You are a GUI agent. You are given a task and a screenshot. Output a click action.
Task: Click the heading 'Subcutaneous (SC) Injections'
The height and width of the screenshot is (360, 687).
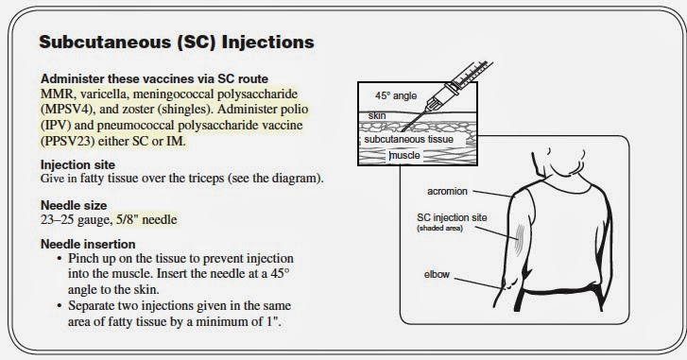177,42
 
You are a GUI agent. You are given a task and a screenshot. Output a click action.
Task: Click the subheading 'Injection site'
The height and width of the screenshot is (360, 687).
78,164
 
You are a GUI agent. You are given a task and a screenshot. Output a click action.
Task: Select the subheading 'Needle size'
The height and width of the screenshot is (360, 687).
74,205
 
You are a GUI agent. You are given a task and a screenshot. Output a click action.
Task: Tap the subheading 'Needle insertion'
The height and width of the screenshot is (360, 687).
88,244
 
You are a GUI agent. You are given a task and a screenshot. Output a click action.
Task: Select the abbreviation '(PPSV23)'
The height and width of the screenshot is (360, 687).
67,142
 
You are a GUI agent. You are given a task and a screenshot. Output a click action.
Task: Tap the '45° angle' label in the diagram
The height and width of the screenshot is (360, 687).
396,96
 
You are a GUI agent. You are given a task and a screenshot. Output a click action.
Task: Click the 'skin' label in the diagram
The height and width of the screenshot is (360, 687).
377,115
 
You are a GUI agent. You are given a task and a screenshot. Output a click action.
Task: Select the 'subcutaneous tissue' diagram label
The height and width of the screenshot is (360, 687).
409,139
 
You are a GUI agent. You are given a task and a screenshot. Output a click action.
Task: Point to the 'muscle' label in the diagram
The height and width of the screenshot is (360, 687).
404,156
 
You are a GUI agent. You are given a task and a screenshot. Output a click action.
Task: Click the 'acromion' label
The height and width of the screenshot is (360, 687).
447,192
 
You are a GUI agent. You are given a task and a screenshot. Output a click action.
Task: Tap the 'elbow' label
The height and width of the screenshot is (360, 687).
437,275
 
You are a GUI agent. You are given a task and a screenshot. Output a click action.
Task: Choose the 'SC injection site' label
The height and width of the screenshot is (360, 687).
452,217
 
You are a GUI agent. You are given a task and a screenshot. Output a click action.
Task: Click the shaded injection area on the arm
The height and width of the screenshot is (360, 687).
519,240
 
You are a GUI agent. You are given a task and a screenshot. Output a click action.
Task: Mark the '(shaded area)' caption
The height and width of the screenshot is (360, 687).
440,228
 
